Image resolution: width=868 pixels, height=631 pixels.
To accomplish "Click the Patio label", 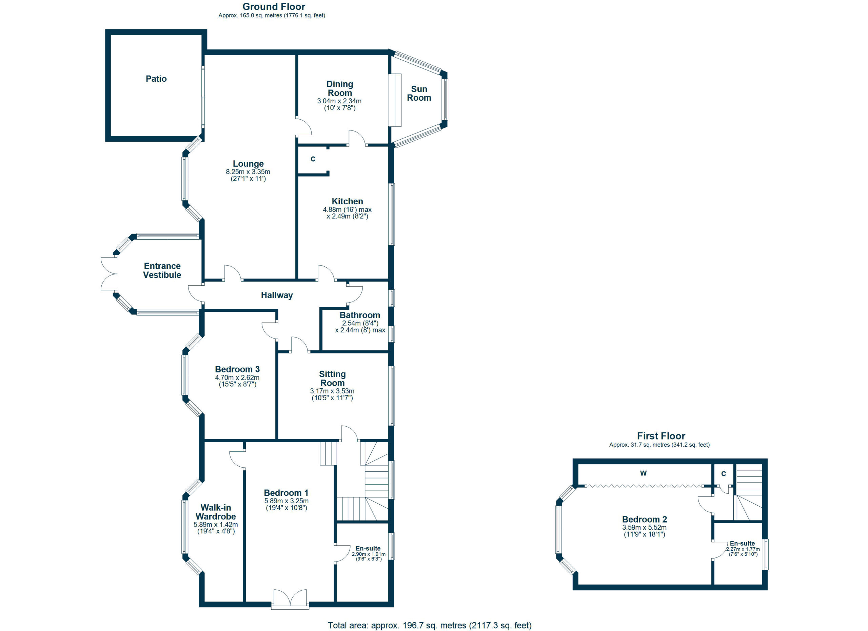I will click(156, 79).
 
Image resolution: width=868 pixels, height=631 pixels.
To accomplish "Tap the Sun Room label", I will click(419, 93).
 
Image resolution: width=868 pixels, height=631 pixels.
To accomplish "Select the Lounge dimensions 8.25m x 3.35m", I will click(248, 172).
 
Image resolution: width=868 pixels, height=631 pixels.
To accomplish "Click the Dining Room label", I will click(339, 88).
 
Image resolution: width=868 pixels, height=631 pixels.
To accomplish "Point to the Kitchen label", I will click(347, 201).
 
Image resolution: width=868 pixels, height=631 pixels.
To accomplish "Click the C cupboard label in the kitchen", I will click(313, 159).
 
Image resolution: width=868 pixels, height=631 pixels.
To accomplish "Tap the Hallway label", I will click(277, 295).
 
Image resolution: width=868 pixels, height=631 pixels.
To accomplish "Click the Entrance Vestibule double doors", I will click(109, 273).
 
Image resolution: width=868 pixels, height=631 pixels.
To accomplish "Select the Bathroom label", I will click(360, 315).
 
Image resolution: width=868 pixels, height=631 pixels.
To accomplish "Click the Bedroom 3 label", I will click(237, 369).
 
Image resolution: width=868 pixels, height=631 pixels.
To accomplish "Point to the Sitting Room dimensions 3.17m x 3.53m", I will click(332, 391).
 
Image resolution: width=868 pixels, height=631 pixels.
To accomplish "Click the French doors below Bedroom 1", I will click(290, 599).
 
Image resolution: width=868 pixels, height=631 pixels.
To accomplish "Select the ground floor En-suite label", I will click(368, 548).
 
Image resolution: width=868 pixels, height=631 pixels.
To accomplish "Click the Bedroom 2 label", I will click(645, 519).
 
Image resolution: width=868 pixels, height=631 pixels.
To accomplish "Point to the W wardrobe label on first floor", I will click(643, 473).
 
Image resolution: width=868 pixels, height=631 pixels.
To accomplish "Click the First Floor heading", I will click(661, 435).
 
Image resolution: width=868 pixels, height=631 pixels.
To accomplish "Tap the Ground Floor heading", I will click(274, 6).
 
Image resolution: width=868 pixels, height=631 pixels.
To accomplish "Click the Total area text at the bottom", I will click(429, 625).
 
